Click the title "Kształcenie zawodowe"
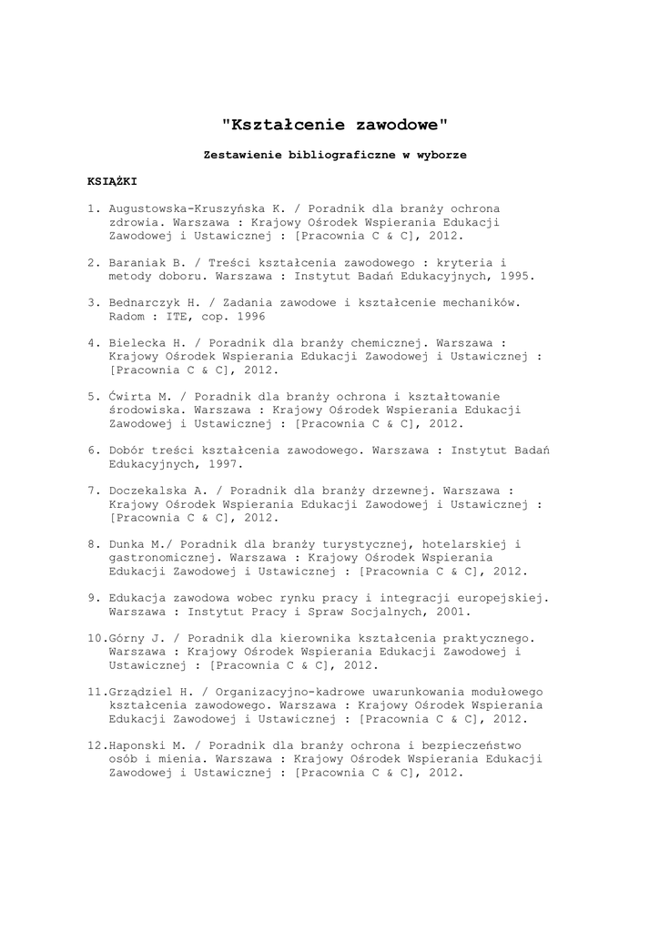[x=336, y=123]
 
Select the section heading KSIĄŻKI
[x=112, y=181]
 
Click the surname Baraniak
[x=139, y=261]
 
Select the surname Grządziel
[x=139, y=693]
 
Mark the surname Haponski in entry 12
[x=139, y=746]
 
